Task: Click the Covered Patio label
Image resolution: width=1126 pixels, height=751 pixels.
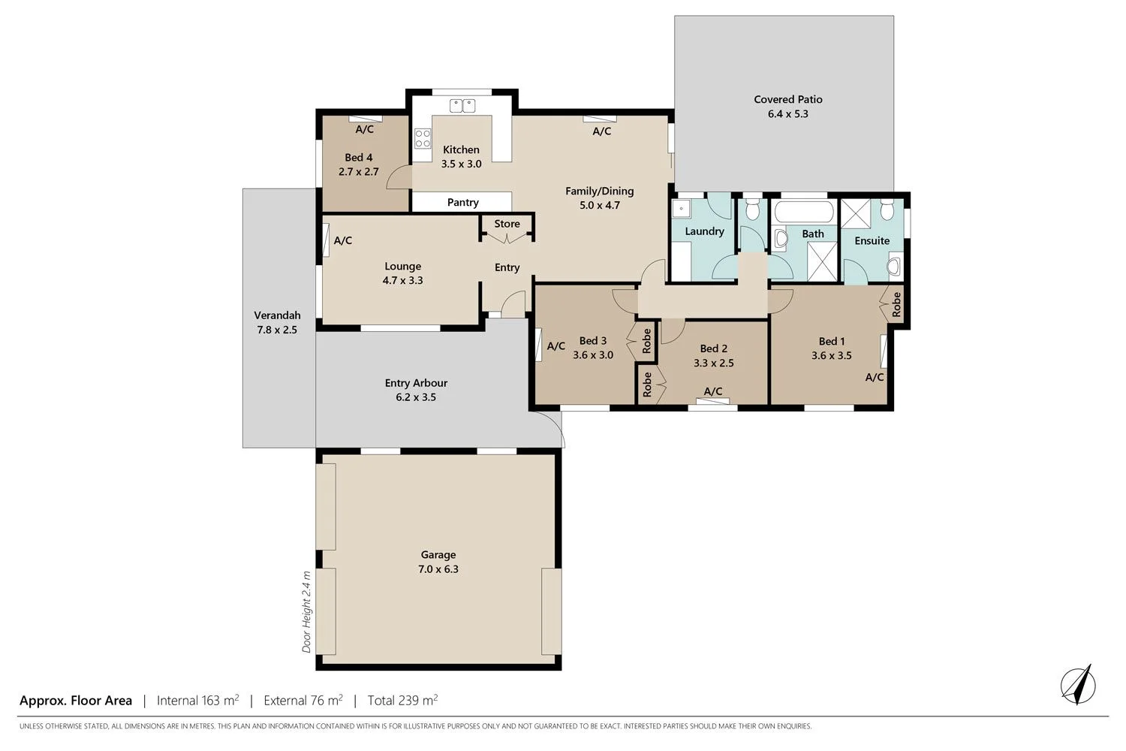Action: click(x=787, y=99)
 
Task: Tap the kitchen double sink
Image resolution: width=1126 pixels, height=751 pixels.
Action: click(x=462, y=106)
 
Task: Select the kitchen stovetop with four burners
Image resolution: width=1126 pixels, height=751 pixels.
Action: click(x=423, y=138)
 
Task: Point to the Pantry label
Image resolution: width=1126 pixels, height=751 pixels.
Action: click(x=462, y=203)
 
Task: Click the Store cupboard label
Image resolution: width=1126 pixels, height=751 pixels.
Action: click(x=507, y=224)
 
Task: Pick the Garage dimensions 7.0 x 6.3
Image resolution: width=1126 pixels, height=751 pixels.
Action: click(x=438, y=569)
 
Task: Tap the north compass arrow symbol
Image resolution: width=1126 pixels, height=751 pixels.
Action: click(x=1079, y=685)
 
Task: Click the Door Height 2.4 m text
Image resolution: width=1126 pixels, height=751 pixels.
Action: click(x=306, y=611)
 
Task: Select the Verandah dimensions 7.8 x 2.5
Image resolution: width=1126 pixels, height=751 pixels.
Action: click(x=277, y=330)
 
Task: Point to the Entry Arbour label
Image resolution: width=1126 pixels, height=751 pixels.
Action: click(x=416, y=383)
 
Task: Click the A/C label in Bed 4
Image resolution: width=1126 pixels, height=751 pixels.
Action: click(x=364, y=129)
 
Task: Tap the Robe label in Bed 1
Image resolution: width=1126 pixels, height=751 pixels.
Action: click(x=896, y=304)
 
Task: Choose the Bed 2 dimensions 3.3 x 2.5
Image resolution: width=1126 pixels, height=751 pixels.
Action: click(x=713, y=363)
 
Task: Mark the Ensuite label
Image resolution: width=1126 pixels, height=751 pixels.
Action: click(x=872, y=241)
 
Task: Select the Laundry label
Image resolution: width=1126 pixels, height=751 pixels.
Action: click(x=704, y=231)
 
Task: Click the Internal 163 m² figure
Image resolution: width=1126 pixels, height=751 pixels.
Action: click(x=197, y=701)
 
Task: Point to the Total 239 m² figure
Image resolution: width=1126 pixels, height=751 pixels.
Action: click(x=402, y=701)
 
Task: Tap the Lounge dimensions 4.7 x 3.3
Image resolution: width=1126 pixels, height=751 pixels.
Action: click(x=402, y=281)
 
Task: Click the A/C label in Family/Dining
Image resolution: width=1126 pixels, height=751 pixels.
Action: click(x=601, y=131)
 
